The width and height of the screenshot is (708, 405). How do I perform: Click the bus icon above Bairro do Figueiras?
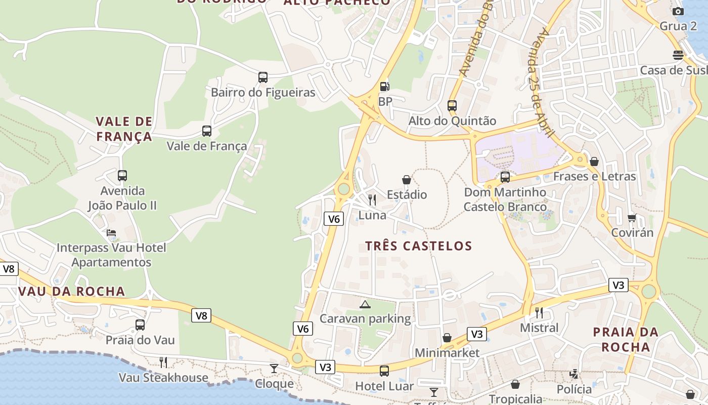[x=263, y=77]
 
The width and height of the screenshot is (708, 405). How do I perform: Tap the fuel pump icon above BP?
[x=385, y=87]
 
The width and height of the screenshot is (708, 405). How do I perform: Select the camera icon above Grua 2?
[x=678, y=11]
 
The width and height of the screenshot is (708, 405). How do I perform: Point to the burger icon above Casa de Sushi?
[x=678, y=55]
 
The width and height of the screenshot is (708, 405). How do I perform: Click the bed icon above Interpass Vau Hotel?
[x=111, y=233]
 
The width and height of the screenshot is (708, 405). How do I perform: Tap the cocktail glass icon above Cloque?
[x=274, y=368]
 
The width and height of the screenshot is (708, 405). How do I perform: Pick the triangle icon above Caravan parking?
[x=365, y=304]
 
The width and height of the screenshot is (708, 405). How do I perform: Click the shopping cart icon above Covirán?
[x=632, y=218]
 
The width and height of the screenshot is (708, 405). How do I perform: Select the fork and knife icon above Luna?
[x=372, y=200]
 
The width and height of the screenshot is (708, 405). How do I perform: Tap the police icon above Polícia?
[x=574, y=374]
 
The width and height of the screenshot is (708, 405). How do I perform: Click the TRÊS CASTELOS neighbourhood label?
[x=419, y=246]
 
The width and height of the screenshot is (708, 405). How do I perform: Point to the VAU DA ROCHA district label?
[x=71, y=291]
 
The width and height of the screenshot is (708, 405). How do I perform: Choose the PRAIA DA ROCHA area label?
[x=626, y=340]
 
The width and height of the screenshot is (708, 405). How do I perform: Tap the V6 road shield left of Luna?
[x=333, y=219]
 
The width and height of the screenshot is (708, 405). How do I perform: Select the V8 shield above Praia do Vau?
[x=201, y=316]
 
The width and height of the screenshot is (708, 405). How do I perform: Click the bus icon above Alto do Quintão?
[x=452, y=106]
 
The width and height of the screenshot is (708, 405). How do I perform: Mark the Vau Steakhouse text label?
[x=163, y=378]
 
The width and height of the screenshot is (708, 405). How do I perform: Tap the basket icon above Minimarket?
[x=447, y=338]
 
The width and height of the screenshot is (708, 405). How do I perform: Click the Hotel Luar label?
[x=384, y=386]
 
